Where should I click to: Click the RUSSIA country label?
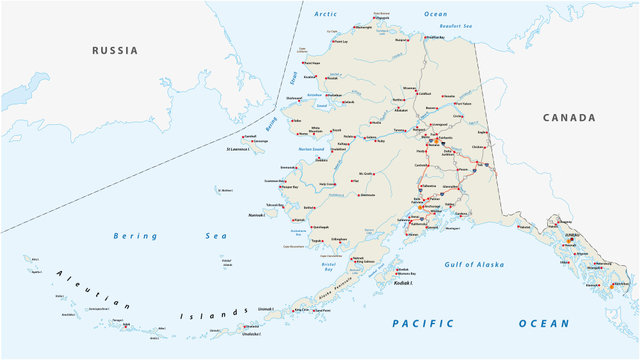pos(114,50)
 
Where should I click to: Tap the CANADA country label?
pos(568,117)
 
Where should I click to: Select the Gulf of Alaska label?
pos(474,264)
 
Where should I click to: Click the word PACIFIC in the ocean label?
pos(422,323)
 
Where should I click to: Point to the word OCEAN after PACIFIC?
pos(543,323)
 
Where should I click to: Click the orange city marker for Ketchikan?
pos(613,286)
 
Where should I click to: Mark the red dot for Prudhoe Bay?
pos(423,37)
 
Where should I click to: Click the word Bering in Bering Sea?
pos(135,236)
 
